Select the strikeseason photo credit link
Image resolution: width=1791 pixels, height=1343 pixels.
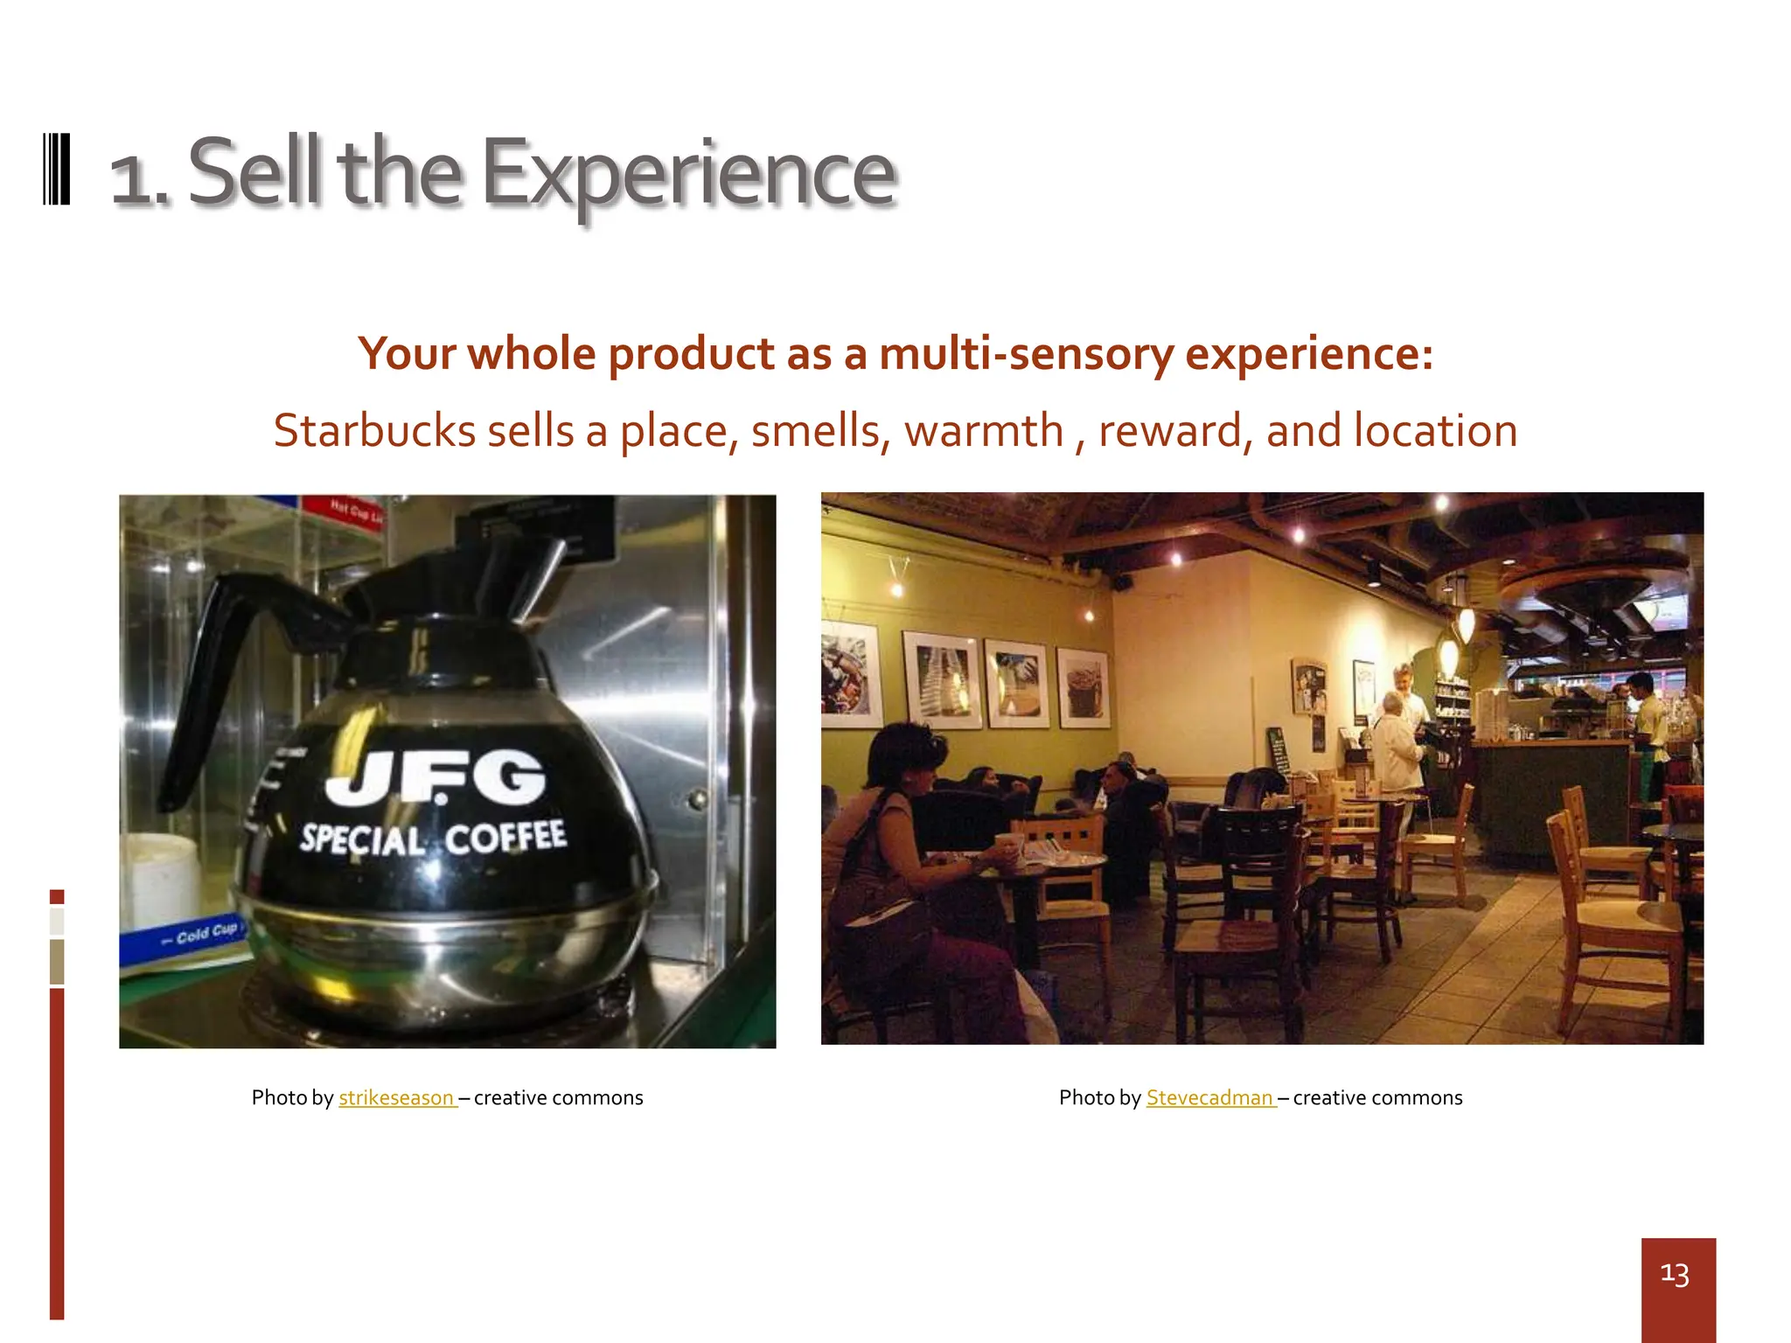396,1098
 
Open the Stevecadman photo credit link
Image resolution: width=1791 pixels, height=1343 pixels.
1209,1098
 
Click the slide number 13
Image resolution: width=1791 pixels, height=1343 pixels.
1674,1274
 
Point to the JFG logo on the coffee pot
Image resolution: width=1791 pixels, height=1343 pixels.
436,776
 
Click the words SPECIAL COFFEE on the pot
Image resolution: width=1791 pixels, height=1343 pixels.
433,838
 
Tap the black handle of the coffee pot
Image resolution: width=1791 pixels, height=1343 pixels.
210,665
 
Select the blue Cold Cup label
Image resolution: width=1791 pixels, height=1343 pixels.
199,936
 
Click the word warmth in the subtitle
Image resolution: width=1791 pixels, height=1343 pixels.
983,431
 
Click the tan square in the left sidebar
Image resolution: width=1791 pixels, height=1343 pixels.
57,961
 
